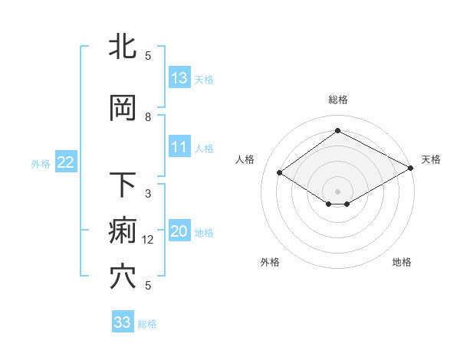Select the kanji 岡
(x=123, y=109)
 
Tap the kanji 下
(x=123, y=185)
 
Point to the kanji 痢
(x=123, y=231)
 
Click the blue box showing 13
(x=179, y=78)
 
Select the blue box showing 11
(x=179, y=147)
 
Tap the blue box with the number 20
(x=179, y=231)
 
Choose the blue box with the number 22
(x=66, y=162)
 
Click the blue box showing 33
(x=123, y=322)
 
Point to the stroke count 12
(x=149, y=240)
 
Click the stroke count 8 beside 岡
(x=149, y=117)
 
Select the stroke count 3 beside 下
(x=149, y=194)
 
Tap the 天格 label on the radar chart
(x=431, y=159)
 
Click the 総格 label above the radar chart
(x=337, y=100)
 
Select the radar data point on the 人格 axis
(x=280, y=173)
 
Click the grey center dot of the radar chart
(x=337, y=190)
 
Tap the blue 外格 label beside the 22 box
(x=41, y=163)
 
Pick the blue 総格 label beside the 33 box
(x=147, y=323)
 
